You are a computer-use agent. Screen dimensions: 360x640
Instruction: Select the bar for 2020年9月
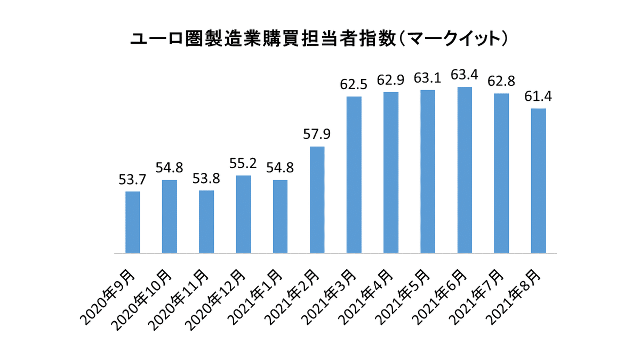[133, 222]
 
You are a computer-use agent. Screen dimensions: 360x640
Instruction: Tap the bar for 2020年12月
[243, 214]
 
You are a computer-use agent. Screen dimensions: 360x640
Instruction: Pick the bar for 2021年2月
[317, 199]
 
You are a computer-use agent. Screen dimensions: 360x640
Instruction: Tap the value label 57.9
[317, 134]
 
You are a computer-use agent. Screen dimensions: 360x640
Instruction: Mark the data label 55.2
[243, 163]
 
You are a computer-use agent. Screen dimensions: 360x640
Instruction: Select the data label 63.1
[427, 78]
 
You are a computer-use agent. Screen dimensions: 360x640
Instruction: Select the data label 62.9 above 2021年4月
[390, 80]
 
